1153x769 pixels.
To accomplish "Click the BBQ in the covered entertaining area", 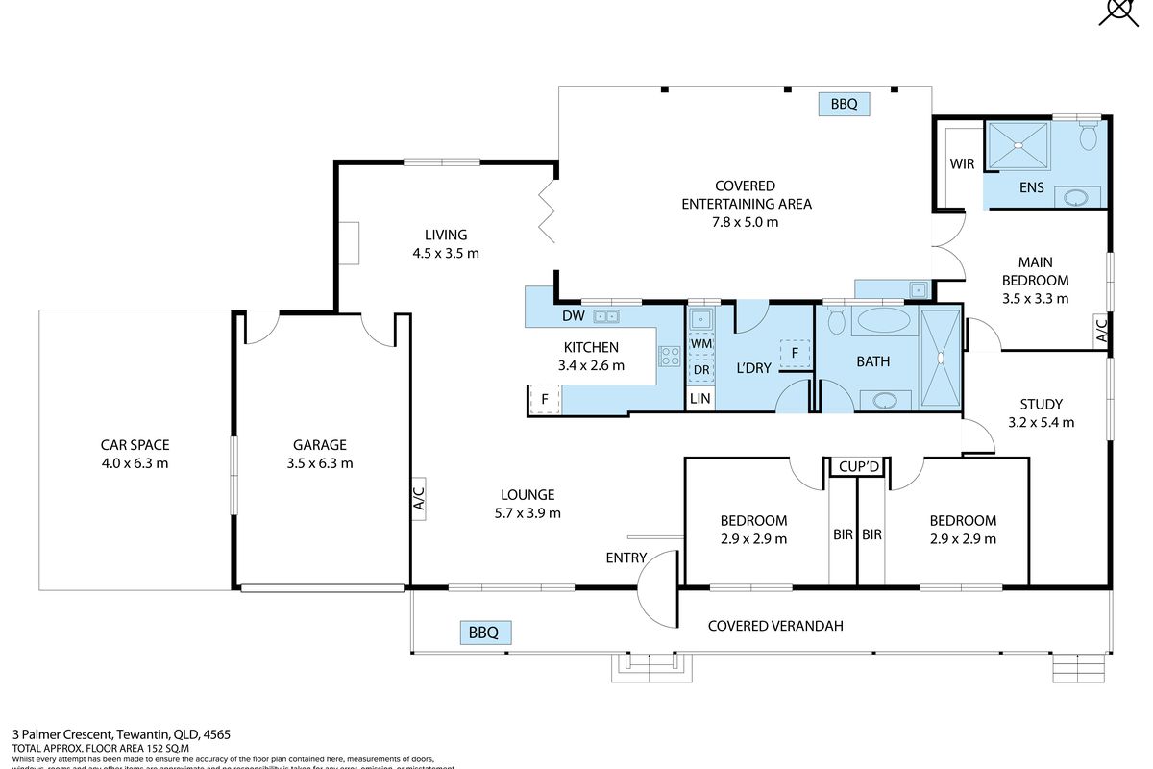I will pos(845,104).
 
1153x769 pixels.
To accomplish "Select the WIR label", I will pos(962,164).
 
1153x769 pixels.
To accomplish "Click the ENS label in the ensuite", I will pos(1031,187).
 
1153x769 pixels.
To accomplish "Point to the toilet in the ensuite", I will pos(1088,136).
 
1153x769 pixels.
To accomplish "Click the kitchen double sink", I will pos(605,315).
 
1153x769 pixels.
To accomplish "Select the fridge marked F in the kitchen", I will pos(545,398).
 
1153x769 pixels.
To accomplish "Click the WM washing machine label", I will pos(700,343).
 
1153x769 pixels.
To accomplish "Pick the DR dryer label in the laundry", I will pos(700,369).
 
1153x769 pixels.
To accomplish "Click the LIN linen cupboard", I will pos(700,398).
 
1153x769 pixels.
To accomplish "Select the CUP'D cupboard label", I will pos(858,467).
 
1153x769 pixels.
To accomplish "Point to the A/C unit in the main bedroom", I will pos(1102,332).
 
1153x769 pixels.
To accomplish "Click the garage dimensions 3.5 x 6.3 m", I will pos(320,463).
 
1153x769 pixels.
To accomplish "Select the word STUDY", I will pos(1042,405).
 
